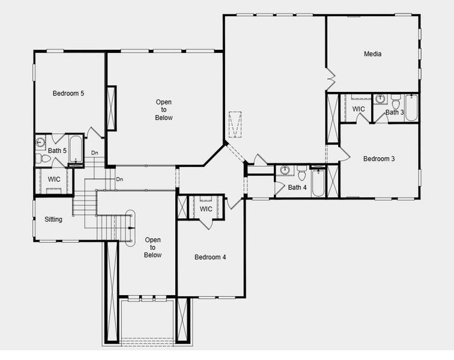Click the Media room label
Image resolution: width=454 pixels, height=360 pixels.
tap(373, 54)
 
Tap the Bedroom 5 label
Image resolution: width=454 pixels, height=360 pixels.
tap(68, 93)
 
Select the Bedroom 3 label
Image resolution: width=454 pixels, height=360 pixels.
tap(379, 159)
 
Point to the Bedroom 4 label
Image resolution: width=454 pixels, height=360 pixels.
tap(210, 257)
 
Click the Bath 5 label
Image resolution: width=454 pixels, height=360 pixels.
tap(58, 151)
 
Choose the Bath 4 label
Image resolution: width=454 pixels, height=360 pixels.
tap(297, 188)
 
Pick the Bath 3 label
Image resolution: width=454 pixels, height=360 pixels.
tap(395, 112)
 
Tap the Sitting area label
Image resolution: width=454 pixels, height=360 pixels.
tap(53, 220)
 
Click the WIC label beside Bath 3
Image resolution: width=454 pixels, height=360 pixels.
tap(359, 109)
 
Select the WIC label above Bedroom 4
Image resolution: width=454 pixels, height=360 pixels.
tap(206, 209)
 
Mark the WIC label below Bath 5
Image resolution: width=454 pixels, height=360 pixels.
tap(54, 179)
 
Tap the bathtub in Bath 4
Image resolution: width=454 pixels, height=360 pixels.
tap(318, 182)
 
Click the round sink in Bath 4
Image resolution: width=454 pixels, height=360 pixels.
tap(286, 170)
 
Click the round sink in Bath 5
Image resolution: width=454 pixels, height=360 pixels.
tap(40, 143)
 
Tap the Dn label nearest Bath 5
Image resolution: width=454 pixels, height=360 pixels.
tap(94, 153)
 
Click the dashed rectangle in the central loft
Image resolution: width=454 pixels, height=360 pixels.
tap(235, 124)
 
